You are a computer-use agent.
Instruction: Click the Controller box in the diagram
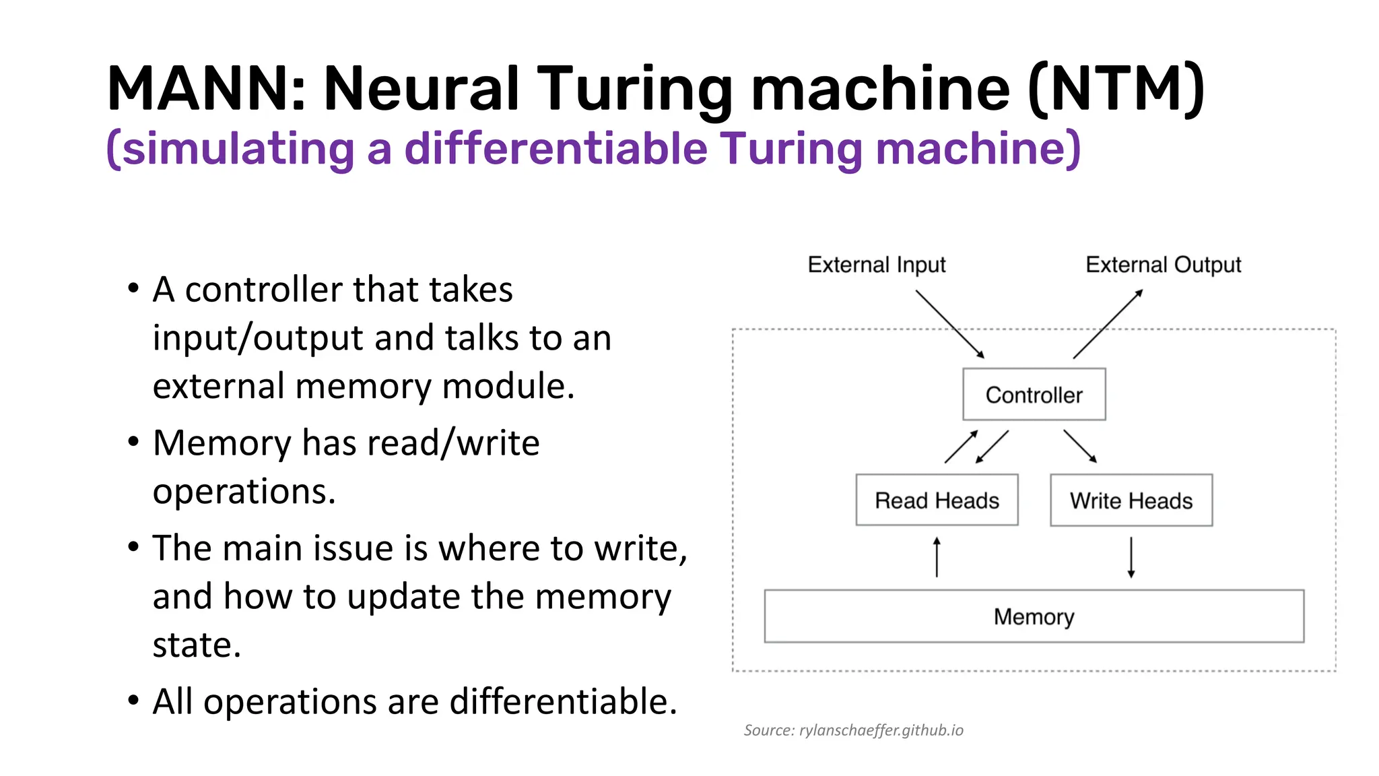[x=1034, y=394]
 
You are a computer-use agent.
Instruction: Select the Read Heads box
[x=937, y=500]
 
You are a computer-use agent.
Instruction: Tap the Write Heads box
[x=1131, y=500]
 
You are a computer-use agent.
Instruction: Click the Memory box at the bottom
[x=1034, y=616]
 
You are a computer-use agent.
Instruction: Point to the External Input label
[x=876, y=265]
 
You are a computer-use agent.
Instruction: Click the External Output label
[x=1163, y=265]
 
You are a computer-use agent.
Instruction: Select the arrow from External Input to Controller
[x=949, y=324]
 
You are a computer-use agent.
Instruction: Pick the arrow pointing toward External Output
[x=1108, y=324]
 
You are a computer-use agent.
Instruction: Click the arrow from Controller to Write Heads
[x=1080, y=446]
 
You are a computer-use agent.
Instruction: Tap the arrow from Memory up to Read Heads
[x=937, y=557]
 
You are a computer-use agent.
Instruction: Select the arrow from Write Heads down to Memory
[x=1131, y=557]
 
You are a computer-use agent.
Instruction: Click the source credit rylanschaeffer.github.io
[x=853, y=730]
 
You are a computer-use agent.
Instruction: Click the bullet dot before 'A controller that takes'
[x=133, y=288]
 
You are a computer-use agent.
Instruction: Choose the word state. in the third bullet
[x=197, y=645]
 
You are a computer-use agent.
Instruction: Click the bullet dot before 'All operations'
[x=133, y=701]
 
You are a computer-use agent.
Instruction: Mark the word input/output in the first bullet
[x=258, y=337]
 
